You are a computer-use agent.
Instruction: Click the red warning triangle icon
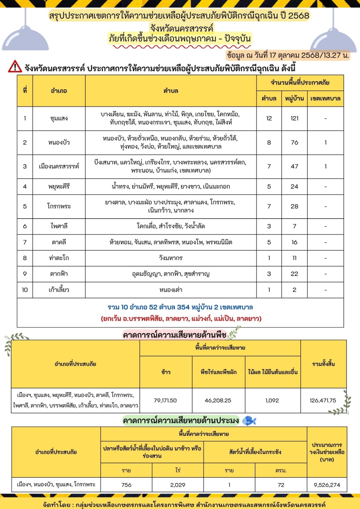click(15, 67)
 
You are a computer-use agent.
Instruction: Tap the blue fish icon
click(249, 420)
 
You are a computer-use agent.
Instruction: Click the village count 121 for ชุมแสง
click(294, 118)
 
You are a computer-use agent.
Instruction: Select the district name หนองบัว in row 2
click(59, 143)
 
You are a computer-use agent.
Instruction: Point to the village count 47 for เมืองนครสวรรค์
click(294, 166)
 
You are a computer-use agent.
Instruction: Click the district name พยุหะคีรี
click(59, 186)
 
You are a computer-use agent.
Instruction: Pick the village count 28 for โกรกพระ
click(294, 206)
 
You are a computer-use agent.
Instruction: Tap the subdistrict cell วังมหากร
click(171, 258)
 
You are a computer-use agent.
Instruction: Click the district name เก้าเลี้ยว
click(59, 290)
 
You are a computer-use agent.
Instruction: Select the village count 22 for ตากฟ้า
click(294, 274)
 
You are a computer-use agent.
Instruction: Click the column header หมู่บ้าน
click(294, 99)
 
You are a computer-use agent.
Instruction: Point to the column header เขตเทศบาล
click(325, 99)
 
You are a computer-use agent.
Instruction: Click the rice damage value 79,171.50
click(165, 400)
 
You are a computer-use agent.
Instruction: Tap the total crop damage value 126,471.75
click(323, 400)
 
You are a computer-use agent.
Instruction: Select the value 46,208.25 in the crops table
click(218, 400)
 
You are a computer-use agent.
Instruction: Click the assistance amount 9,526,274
click(327, 485)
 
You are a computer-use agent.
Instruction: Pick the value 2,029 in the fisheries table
click(178, 485)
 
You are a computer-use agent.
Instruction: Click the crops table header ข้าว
click(166, 372)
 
